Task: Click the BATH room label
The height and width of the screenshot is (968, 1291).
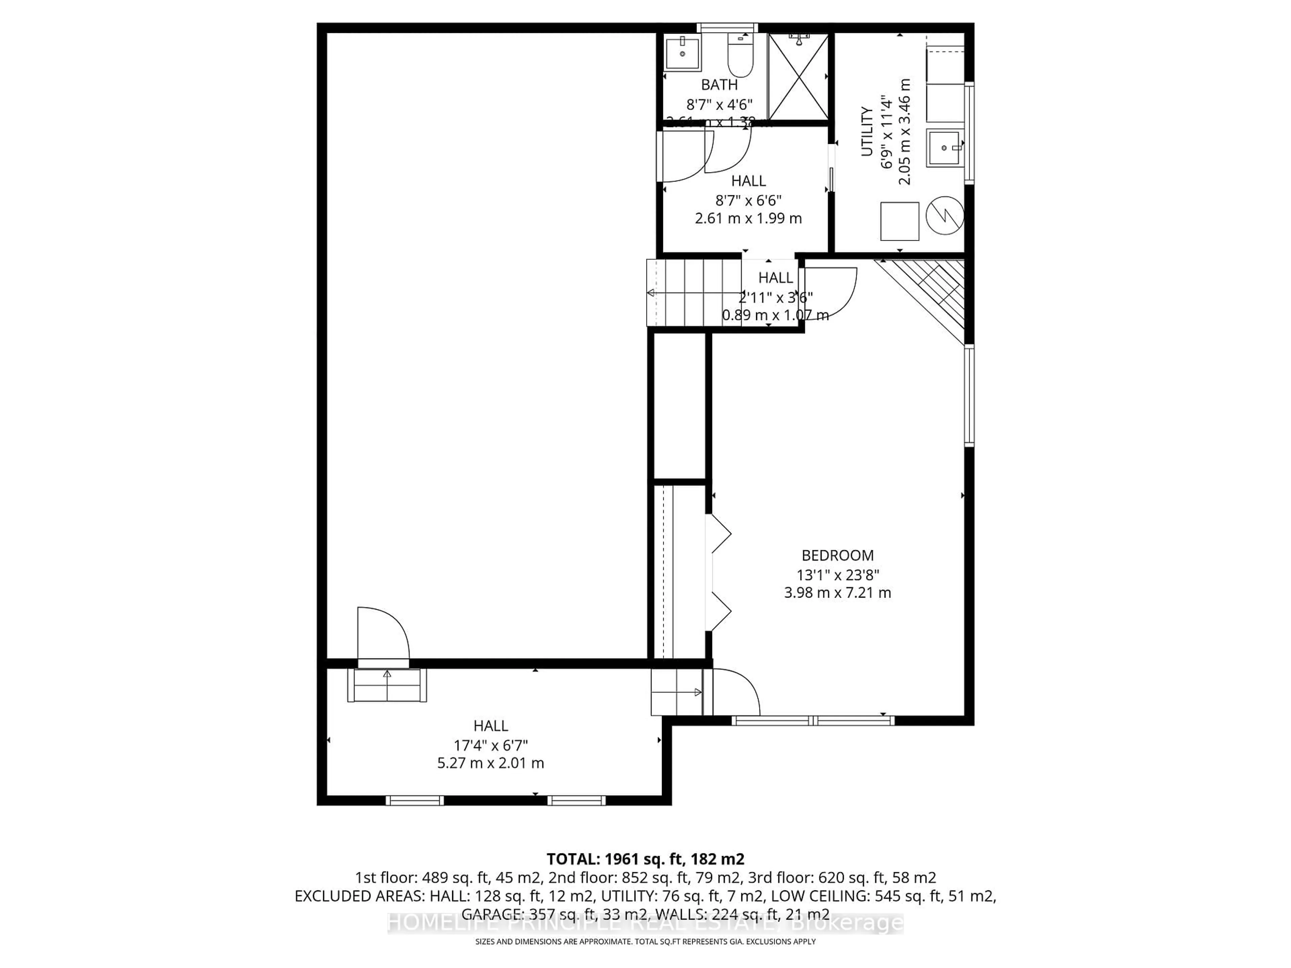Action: pyautogui.click(x=719, y=85)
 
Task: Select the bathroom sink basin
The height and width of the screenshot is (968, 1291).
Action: pyautogui.click(x=683, y=54)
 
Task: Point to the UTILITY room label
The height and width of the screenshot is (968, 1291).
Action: pyautogui.click(x=867, y=131)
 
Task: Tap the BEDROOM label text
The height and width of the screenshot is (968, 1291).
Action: pyautogui.click(x=837, y=556)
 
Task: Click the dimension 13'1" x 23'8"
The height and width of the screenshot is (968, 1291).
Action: pyautogui.click(x=837, y=575)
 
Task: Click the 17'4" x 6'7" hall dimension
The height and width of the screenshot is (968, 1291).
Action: pyautogui.click(x=491, y=745)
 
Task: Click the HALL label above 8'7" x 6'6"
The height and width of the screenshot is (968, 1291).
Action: pyautogui.click(x=748, y=181)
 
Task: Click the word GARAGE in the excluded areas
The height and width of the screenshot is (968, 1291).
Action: pyautogui.click(x=488, y=914)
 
